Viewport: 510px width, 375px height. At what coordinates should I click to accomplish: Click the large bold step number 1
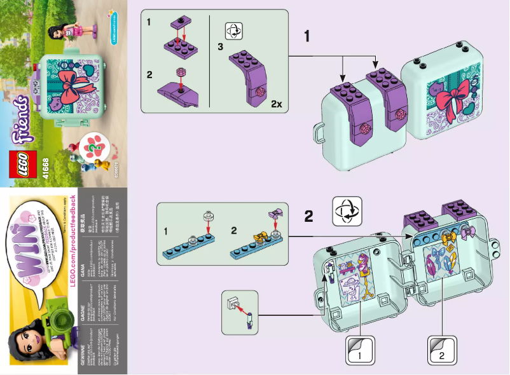[x=307, y=36]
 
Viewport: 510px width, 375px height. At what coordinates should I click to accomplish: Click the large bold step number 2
[x=308, y=216]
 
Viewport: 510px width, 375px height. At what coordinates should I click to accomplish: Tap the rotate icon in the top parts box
[x=233, y=30]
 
